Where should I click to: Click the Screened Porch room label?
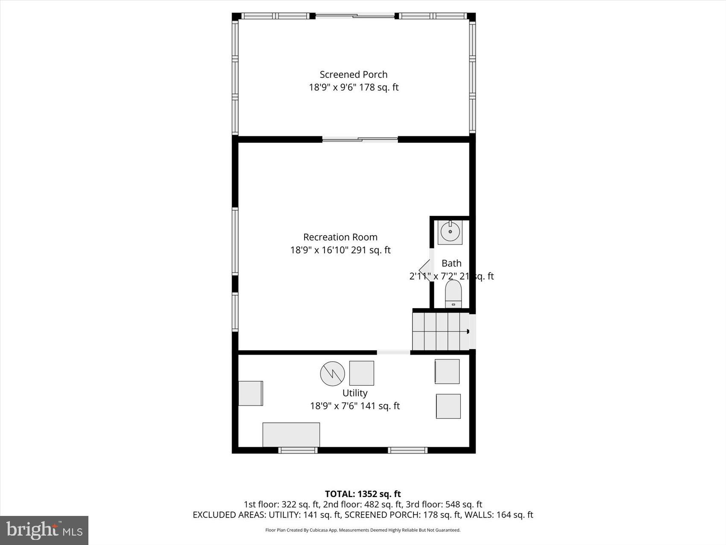354,74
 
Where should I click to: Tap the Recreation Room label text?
340,237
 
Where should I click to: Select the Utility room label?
355,393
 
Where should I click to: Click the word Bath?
451,263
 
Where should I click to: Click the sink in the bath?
450,232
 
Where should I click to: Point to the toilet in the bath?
453,294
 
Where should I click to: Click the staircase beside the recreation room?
440,331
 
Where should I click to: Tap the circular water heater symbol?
332,374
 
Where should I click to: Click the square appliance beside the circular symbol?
362,373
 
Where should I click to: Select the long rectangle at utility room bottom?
291,434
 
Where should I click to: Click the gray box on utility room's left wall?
250,393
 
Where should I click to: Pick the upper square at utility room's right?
447,371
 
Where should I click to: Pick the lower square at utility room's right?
448,406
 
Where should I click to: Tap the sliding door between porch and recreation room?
360,139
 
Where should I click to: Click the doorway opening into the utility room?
393,352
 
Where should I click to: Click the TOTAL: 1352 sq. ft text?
363,494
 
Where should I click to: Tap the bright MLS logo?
44,530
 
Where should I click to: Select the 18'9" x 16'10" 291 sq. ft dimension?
340,250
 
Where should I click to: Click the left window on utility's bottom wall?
298,450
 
